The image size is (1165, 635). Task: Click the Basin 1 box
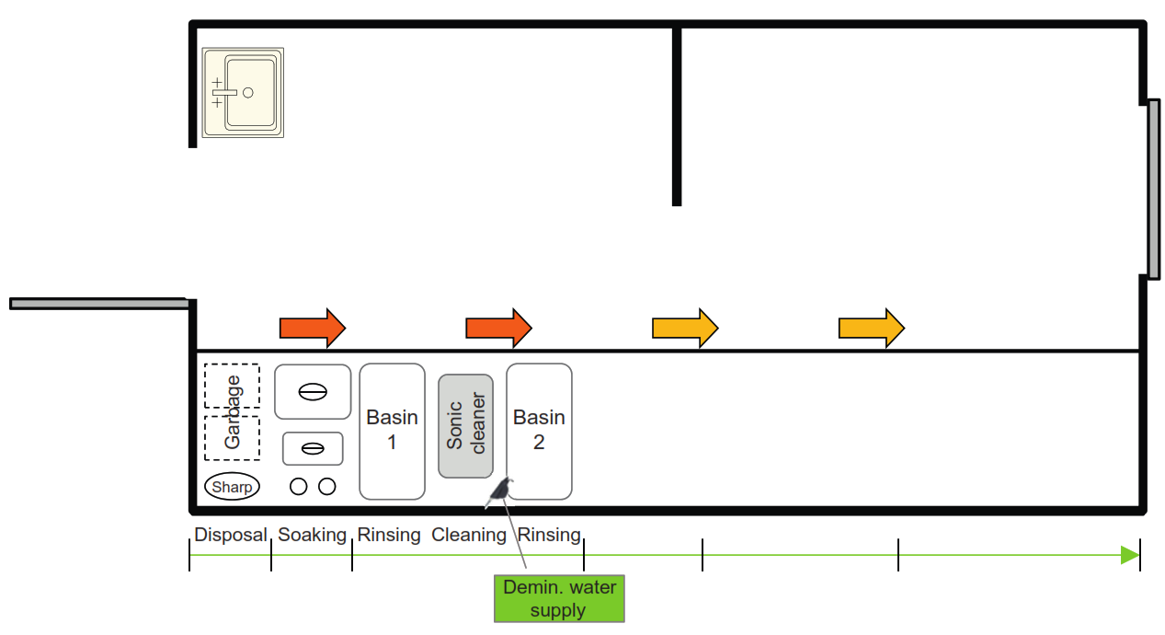tap(392, 431)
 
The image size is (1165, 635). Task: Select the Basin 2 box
tap(539, 431)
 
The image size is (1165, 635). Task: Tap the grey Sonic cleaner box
tap(465, 425)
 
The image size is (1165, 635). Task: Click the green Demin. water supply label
tap(558, 598)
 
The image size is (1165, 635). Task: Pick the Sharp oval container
tap(232, 487)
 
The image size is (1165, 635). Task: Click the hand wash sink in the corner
tap(244, 92)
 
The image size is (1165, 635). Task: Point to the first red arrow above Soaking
tap(312, 328)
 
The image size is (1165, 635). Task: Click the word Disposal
tap(230, 535)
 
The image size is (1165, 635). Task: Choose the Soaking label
tap(312, 535)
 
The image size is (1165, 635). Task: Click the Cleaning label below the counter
tap(469, 535)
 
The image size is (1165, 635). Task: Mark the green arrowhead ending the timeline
tap(1130, 555)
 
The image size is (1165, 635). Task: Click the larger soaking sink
tap(313, 391)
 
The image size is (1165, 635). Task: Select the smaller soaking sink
tap(313, 448)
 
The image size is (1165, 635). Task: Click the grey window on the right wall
tap(1153, 189)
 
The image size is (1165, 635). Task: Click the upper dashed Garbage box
tap(232, 386)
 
